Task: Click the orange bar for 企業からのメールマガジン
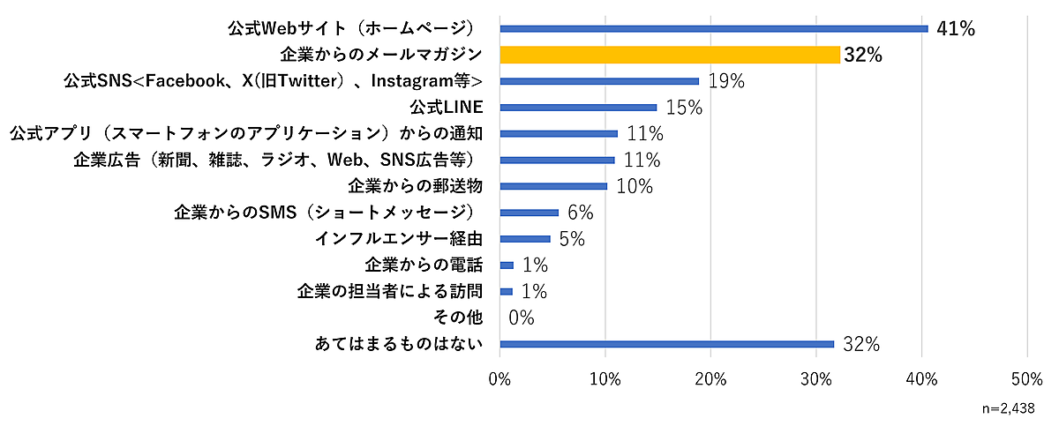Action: tap(670, 55)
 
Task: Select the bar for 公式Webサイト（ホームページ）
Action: tap(714, 28)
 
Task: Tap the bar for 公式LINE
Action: tap(579, 108)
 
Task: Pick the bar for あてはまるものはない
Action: tap(667, 344)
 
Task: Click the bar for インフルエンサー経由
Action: tap(525, 239)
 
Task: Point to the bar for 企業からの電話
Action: tap(507, 265)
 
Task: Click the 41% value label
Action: tap(955, 29)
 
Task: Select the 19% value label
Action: tap(725, 82)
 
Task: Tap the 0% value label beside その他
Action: tap(521, 318)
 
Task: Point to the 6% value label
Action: tap(581, 213)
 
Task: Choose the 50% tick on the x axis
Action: tap(1027, 379)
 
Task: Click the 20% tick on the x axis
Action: tap(711, 379)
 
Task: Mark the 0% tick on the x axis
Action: tap(500, 379)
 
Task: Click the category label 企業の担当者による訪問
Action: tap(389, 291)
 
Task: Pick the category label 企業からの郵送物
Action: tap(415, 186)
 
